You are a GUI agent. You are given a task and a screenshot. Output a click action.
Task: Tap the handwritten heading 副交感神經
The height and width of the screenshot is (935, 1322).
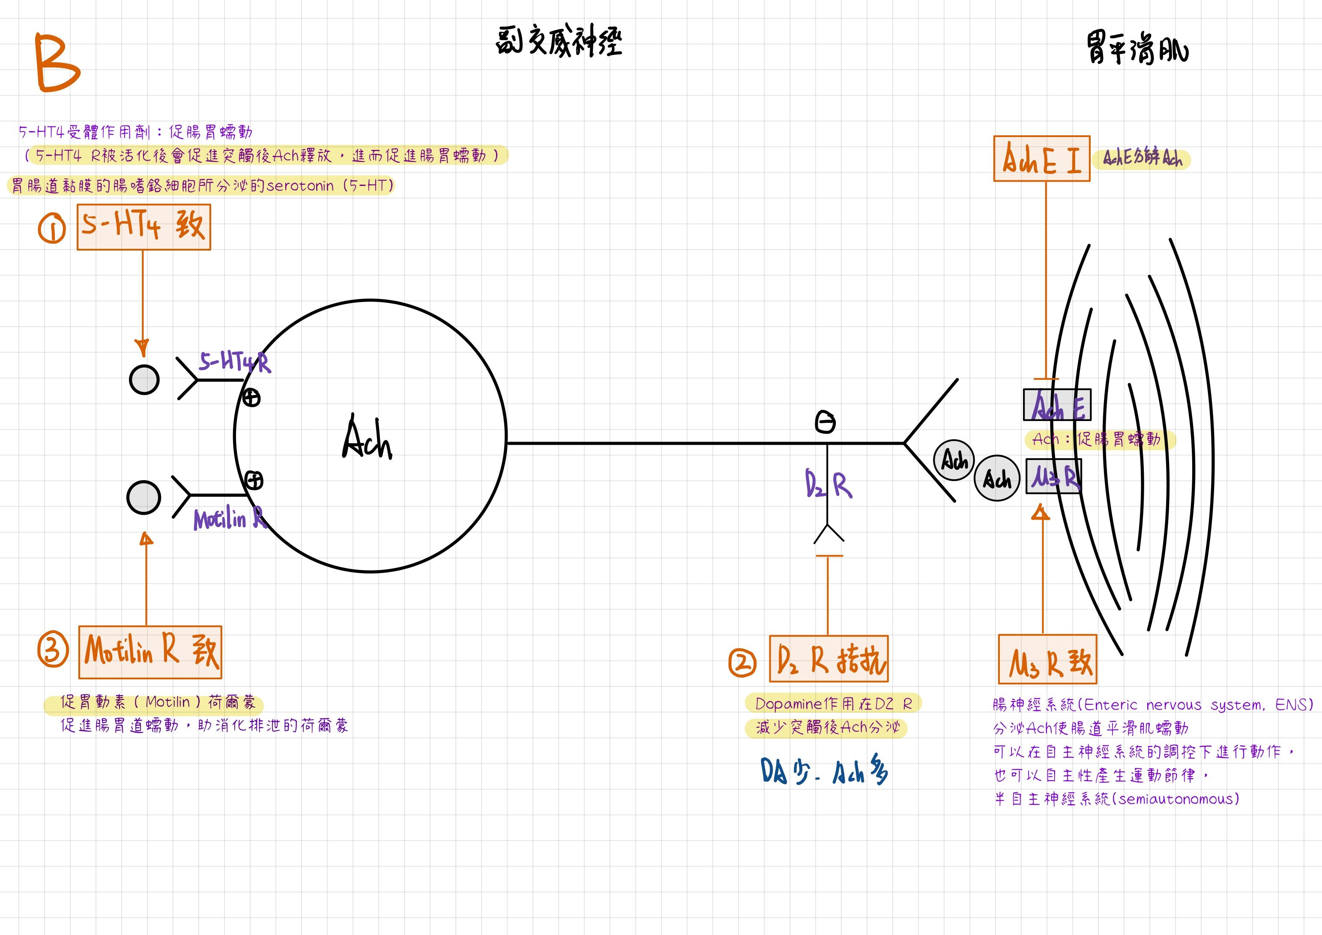[559, 42]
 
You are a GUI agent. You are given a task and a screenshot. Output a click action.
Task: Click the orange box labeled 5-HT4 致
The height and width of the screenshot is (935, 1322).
[144, 227]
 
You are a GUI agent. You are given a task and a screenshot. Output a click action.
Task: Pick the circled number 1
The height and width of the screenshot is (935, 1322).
[52, 229]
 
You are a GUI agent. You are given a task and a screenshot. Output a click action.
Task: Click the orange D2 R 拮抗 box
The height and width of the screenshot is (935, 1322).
[828, 659]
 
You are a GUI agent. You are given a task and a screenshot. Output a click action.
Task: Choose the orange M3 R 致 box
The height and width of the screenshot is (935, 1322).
[1047, 659]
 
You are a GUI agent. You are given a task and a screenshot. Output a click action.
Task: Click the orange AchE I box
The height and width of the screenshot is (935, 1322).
[1041, 158]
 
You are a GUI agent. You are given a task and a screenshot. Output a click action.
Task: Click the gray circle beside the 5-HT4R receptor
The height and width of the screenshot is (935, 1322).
[144, 379]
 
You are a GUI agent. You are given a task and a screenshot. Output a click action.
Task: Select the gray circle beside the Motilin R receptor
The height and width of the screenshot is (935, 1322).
[144, 497]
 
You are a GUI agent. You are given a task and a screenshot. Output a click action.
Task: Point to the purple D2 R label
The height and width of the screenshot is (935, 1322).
[828, 485]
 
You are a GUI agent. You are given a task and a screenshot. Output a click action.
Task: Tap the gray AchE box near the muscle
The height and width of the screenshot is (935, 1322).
[1056, 405]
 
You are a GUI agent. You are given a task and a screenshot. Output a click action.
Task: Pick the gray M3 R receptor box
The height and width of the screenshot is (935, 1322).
[1054, 476]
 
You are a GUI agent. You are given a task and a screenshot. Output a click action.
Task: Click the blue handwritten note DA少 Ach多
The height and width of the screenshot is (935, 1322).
[824, 771]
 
